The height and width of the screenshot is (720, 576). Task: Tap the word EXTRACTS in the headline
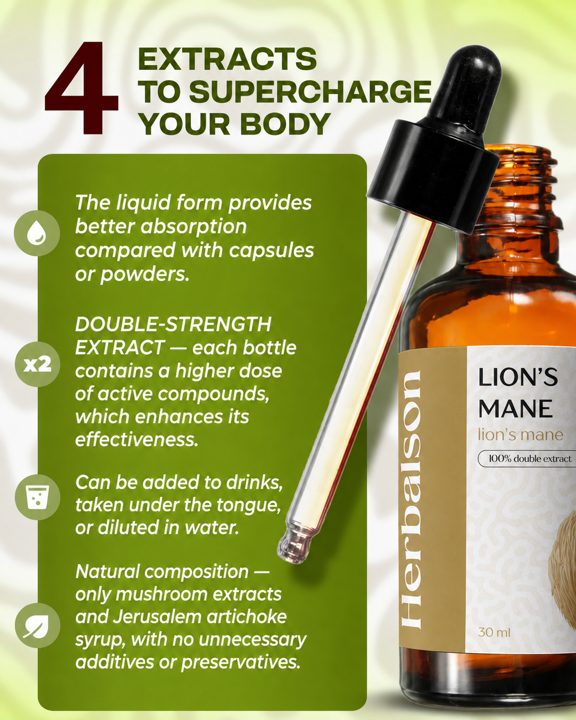point(227,59)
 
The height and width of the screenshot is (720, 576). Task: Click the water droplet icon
point(37,233)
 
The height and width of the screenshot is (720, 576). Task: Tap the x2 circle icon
point(37,364)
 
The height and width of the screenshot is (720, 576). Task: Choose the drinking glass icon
point(37,497)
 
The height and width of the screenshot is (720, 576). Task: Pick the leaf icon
point(37,626)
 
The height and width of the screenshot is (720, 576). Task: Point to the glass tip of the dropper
point(291,550)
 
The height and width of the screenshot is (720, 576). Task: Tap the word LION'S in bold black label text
point(517,378)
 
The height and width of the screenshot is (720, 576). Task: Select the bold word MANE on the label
point(515,408)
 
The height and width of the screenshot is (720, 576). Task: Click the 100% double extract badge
point(527,459)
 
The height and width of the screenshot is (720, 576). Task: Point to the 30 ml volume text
point(494,633)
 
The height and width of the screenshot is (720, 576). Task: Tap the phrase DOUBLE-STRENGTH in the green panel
point(174,324)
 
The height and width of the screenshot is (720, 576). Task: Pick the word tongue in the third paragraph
point(248,506)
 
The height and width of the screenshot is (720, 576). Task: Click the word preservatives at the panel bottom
point(241,663)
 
